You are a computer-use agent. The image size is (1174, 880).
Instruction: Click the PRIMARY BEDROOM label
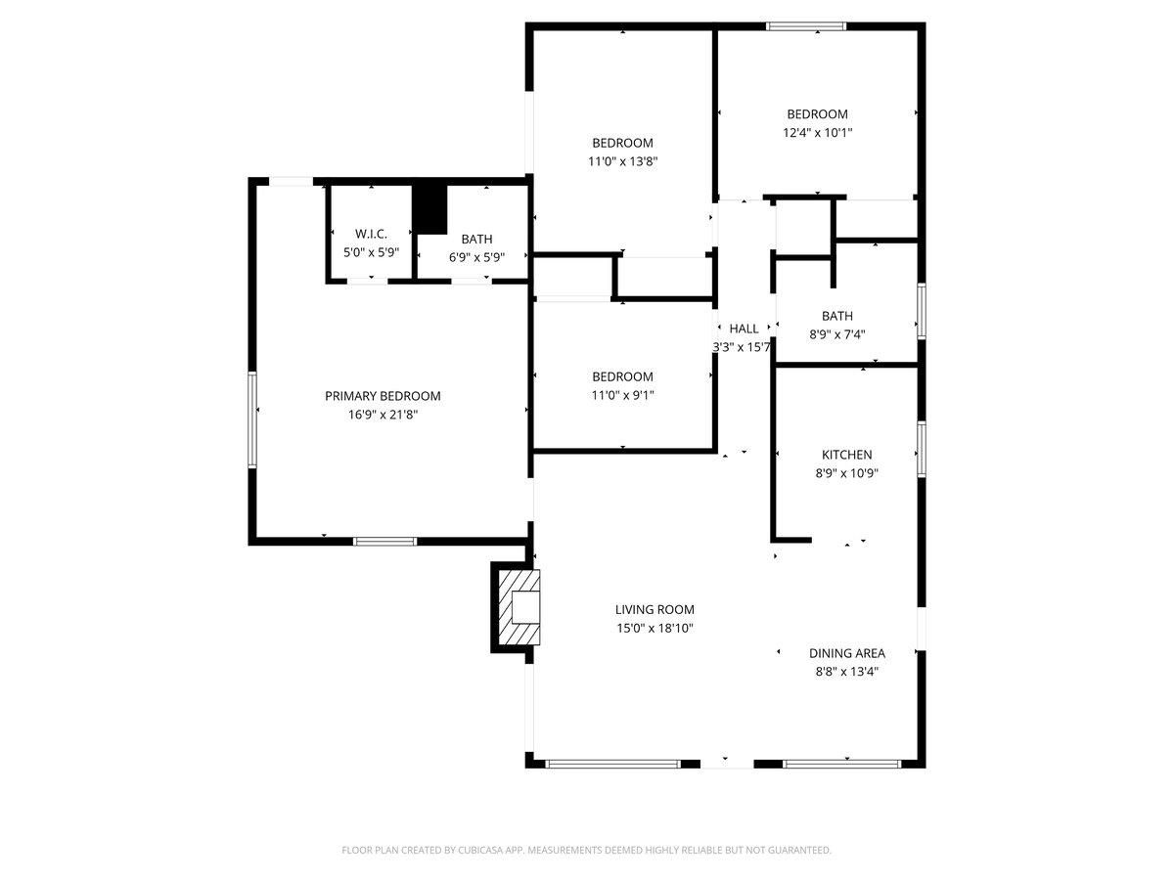(x=383, y=396)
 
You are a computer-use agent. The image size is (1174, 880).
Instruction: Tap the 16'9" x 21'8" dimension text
(x=383, y=415)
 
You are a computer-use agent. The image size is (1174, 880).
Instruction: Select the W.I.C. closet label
(x=371, y=234)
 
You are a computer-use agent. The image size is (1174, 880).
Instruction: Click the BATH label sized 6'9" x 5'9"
(x=477, y=239)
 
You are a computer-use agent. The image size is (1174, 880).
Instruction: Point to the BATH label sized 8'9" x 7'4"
(x=836, y=316)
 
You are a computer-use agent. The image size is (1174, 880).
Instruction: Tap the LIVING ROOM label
(x=655, y=610)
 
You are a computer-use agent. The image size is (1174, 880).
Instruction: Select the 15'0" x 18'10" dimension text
(x=655, y=629)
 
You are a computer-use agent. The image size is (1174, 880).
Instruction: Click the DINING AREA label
(x=846, y=653)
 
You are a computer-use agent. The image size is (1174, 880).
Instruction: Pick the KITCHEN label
(x=846, y=455)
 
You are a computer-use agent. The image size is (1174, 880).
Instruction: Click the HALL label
(x=744, y=329)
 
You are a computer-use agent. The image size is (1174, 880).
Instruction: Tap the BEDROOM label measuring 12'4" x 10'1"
(x=817, y=114)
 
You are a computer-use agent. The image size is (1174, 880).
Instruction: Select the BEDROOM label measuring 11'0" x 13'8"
(x=622, y=143)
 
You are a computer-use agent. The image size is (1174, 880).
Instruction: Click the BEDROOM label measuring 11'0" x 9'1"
(x=622, y=376)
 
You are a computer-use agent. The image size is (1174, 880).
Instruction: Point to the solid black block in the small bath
(x=429, y=207)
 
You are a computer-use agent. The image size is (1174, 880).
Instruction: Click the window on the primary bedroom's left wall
(x=252, y=420)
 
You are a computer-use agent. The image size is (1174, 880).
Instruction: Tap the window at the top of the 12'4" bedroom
(x=806, y=26)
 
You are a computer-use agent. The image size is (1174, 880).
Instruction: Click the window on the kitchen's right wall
(x=922, y=449)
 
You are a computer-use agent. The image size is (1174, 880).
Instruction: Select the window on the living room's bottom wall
(x=612, y=763)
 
